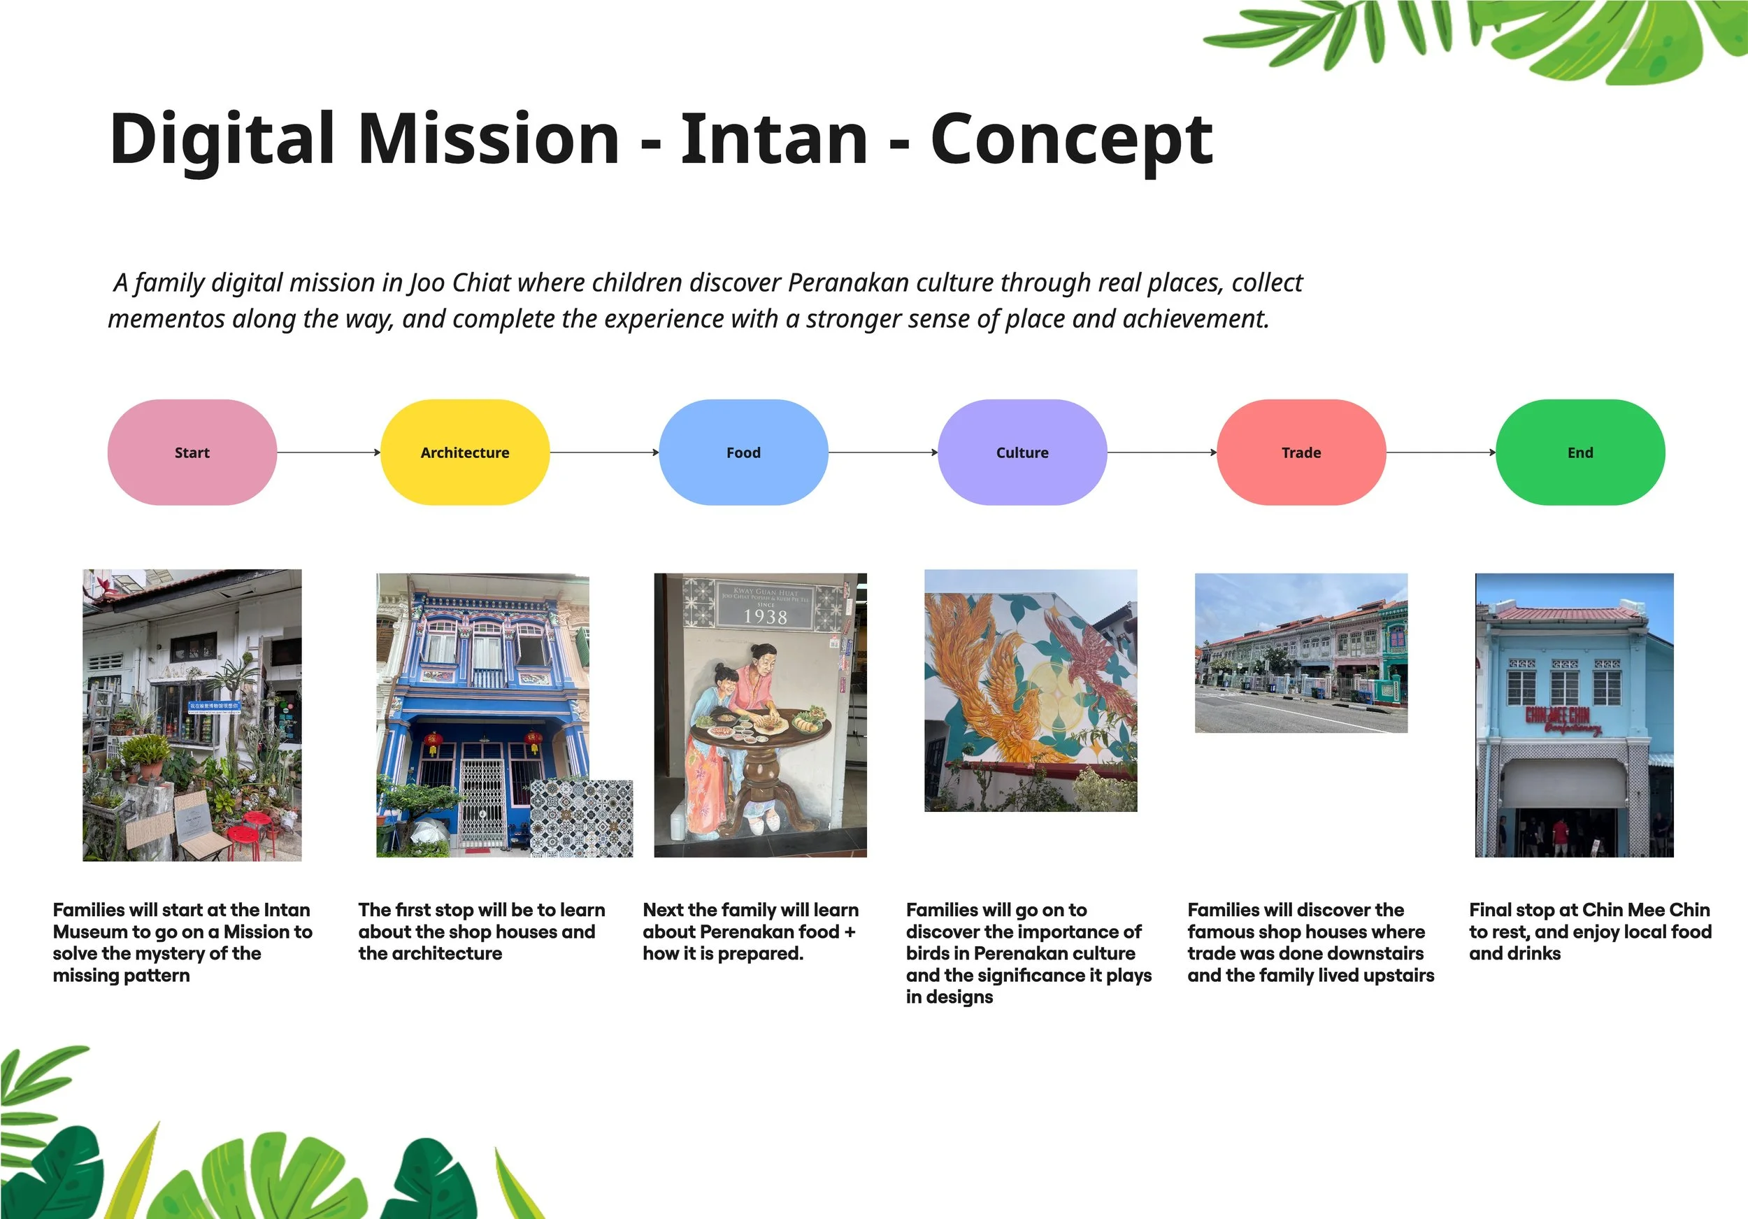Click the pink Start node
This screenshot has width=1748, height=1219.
pyautogui.click(x=192, y=452)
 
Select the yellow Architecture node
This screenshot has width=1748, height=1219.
pyautogui.click(x=464, y=452)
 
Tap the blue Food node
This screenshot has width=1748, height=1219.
pyautogui.click(x=743, y=452)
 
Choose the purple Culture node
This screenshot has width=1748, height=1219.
pyautogui.click(x=1022, y=452)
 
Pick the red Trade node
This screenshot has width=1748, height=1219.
pyautogui.click(x=1301, y=452)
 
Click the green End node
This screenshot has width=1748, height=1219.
pyautogui.click(x=1580, y=452)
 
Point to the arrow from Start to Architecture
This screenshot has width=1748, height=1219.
pyautogui.click(x=329, y=452)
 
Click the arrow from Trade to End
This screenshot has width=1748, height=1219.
pyautogui.click(x=1441, y=452)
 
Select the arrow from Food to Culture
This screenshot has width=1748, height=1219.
pyautogui.click(x=883, y=452)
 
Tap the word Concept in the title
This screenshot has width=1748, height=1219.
pyautogui.click(x=1072, y=140)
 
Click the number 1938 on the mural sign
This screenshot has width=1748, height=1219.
pyautogui.click(x=765, y=617)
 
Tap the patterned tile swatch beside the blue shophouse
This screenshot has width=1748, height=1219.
pyautogui.click(x=581, y=818)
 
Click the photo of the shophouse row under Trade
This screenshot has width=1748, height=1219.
pyautogui.click(x=1301, y=653)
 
